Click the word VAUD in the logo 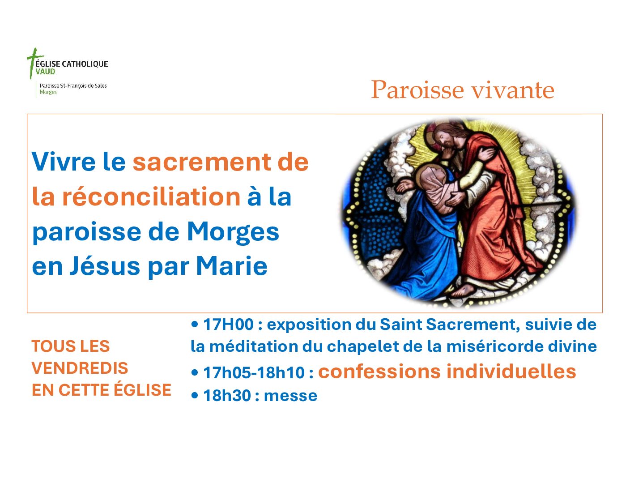tap(46, 72)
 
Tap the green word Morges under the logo tap(48, 92)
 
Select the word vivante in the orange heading tap(512, 90)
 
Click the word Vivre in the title tap(64, 162)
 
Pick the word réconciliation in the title tap(152, 197)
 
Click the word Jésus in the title tap(105, 266)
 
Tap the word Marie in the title tap(232, 266)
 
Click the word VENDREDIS tap(80, 368)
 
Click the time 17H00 tap(229, 324)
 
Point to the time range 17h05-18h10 tap(254, 372)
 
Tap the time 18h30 tap(227, 396)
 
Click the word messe tap(291, 396)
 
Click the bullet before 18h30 tap(195, 395)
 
